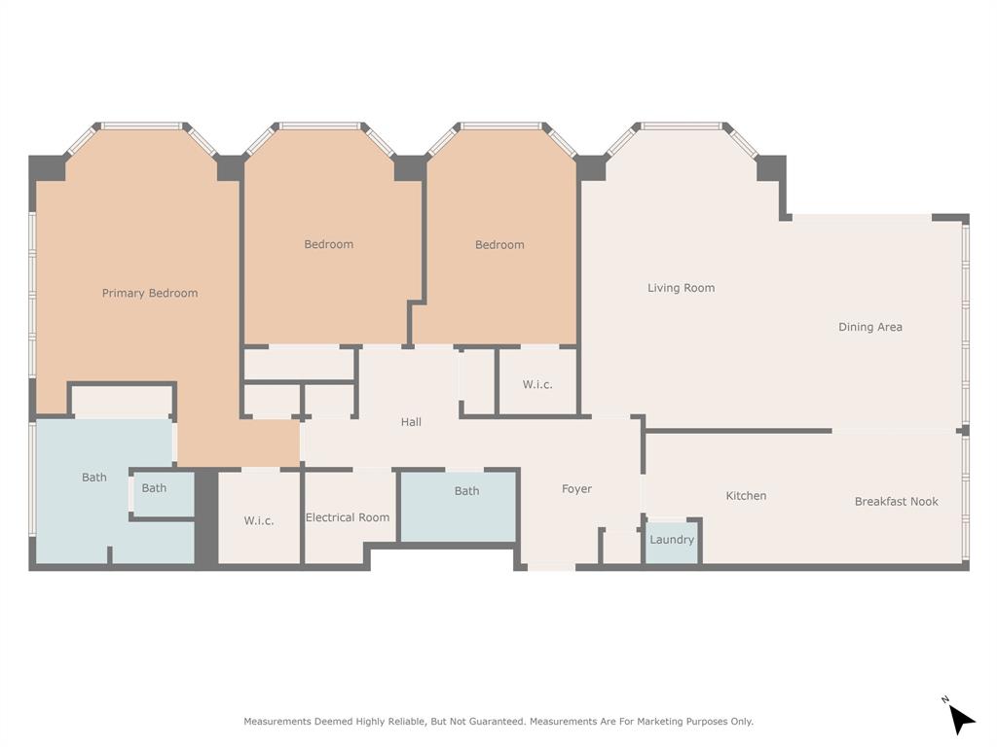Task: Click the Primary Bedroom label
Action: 150,293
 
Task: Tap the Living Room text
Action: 681,288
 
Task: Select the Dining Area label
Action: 869,327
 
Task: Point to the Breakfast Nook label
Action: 896,501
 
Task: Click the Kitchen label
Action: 746,496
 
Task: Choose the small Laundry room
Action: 672,541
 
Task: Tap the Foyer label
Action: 576,489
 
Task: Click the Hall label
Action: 411,422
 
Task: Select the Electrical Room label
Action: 348,517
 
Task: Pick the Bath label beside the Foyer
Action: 466,491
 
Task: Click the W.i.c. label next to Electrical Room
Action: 258,520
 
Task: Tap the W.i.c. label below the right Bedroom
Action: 537,384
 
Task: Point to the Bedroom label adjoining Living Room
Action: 499,245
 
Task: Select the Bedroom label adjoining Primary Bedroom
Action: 328,244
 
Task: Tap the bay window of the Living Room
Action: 682,125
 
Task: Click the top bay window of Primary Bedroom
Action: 142,125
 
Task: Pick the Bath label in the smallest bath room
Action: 154,488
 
